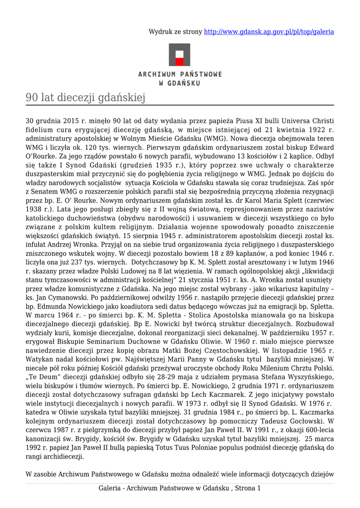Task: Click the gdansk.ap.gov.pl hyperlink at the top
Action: point(269,32)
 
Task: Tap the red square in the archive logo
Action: point(180,62)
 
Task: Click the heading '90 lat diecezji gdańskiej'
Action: point(85,98)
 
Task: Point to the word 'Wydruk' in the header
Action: point(160,32)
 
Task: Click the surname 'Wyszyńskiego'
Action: point(309,378)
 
